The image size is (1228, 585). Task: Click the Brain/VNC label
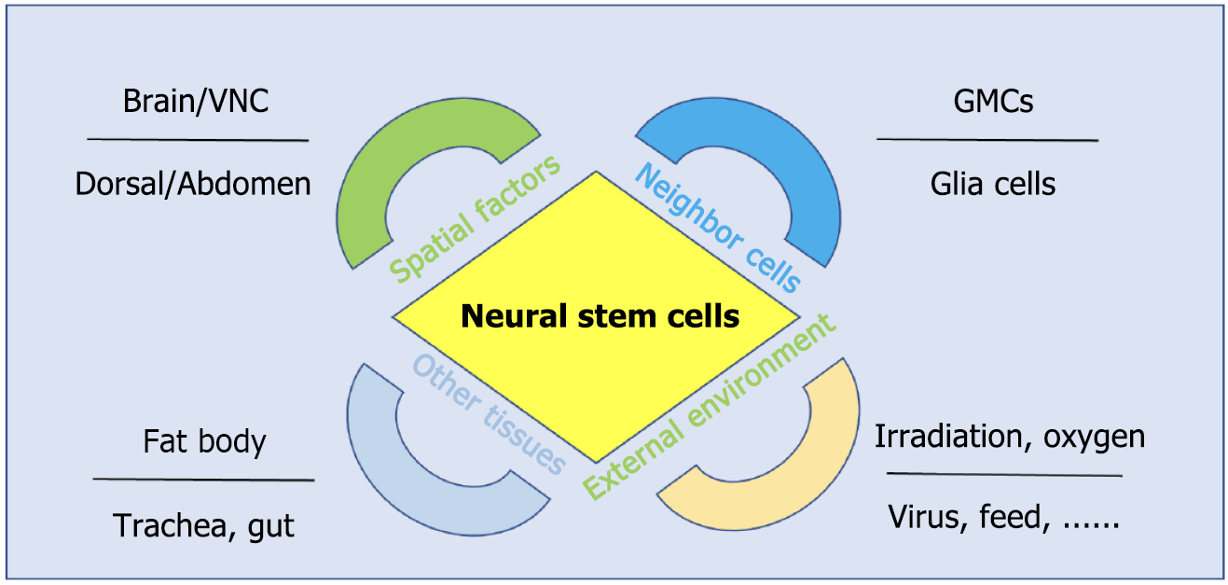tap(196, 102)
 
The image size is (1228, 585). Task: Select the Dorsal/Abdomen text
tap(193, 184)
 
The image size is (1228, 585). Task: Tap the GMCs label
tap(993, 102)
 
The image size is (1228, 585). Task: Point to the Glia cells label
tap(993, 184)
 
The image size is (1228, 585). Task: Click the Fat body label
tap(204, 442)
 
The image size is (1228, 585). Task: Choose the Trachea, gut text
tap(203, 525)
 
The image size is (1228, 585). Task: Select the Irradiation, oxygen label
tap(1010, 438)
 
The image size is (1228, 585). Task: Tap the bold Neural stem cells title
tap(600, 316)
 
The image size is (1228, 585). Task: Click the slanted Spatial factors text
tap(476, 218)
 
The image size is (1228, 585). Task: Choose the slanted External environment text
tap(710, 407)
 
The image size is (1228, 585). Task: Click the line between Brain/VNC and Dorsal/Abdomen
tap(198, 140)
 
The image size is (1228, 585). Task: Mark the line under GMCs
tap(987, 140)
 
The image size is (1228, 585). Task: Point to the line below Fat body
tap(203, 480)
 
